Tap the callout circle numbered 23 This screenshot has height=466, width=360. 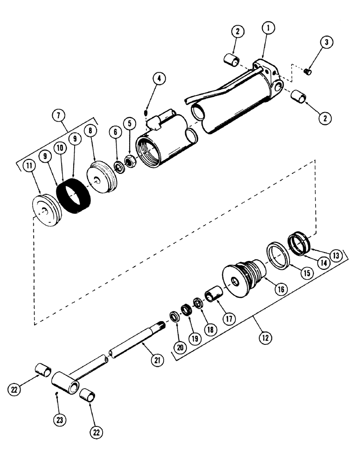[61, 420]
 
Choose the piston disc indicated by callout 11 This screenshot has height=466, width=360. [46, 212]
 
